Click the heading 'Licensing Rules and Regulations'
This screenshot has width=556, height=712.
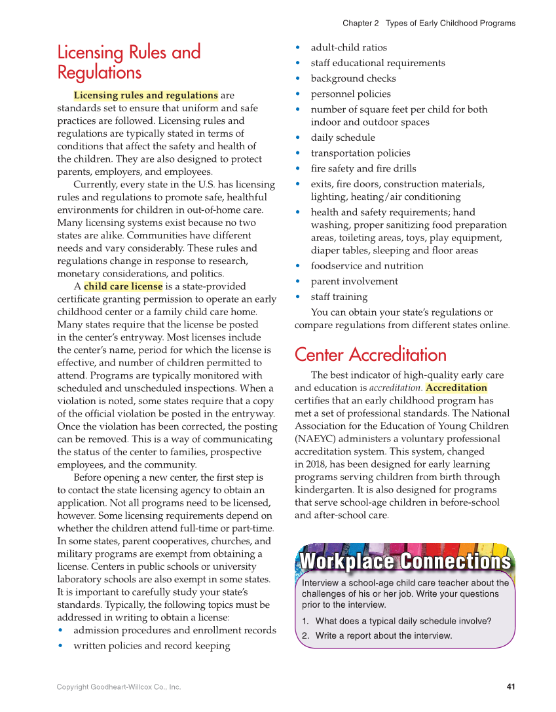tap(129, 62)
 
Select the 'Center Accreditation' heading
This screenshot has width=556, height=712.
tap(370, 354)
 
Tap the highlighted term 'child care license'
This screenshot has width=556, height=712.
tap(123, 286)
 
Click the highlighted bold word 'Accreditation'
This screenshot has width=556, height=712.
tap(456, 388)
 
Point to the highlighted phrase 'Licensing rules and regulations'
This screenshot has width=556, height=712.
tap(145, 96)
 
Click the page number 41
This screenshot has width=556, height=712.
tap(511, 686)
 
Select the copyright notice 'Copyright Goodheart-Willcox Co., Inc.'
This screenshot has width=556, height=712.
tap(119, 687)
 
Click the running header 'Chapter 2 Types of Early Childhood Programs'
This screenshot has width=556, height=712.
tap(428, 24)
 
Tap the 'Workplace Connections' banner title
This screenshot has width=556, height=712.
tap(405, 562)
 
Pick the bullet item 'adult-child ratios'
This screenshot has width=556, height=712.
tap(348, 48)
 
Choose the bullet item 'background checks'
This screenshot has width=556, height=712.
tap(353, 79)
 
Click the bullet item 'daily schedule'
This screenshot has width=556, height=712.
tap(343, 138)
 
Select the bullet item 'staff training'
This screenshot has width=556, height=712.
tap(339, 297)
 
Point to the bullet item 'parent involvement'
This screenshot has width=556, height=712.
tap(354, 282)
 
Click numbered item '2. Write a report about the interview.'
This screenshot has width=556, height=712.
tap(377, 635)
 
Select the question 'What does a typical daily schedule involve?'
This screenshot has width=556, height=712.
tap(403, 621)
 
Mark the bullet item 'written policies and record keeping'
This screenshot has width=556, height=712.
tap(151, 646)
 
